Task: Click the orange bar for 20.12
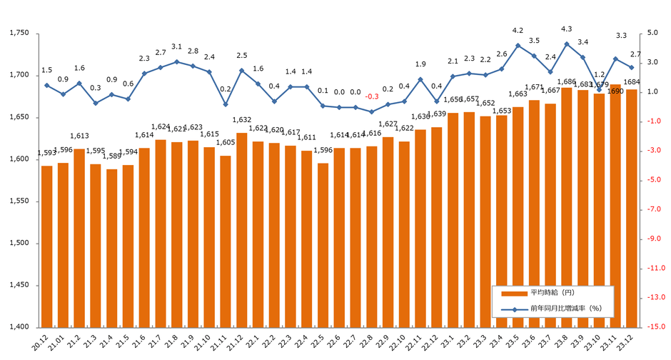(x=46, y=246)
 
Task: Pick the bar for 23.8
(x=567, y=207)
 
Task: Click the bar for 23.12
(x=631, y=208)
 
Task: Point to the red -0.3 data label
(x=371, y=96)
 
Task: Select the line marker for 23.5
(x=518, y=45)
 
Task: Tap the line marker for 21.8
(x=176, y=61)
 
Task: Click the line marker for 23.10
(x=599, y=89)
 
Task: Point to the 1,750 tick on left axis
(x=16, y=34)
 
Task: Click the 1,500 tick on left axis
(x=16, y=244)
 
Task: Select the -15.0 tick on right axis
(x=657, y=327)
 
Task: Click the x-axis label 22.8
(x=370, y=339)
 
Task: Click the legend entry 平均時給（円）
(x=546, y=294)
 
